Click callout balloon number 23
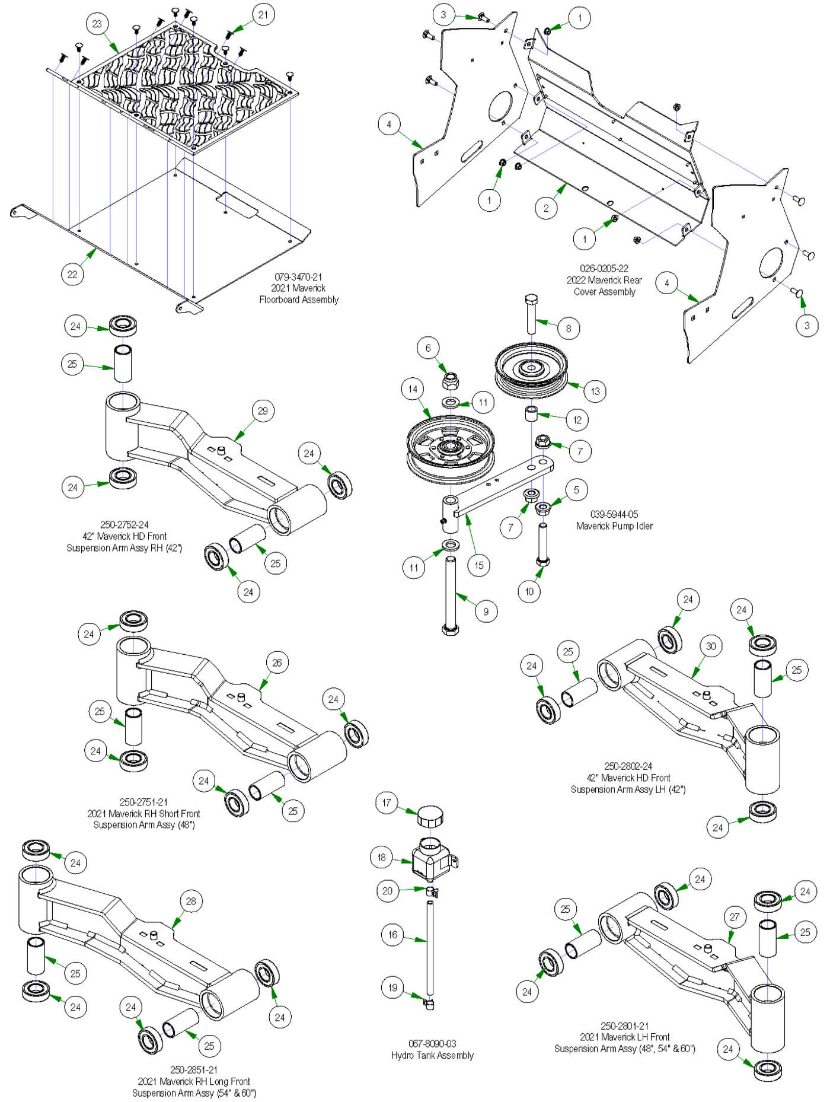(x=97, y=24)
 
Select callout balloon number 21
(x=263, y=14)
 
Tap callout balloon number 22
(x=72, y=275)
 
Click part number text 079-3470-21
(x=298, y=277)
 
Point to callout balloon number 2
(x=546, y=208)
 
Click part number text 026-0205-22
(x=604, y=269)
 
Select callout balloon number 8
(x=569, y=329)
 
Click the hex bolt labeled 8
(x=531, y=314)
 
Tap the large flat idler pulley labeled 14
(x=449, y=445)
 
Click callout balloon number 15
(x=479, y=565)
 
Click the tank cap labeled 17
(x=430, y=816)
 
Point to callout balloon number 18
(x=382, y=857)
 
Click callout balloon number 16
(x=392, y=935)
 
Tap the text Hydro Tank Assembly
(x=432, y=1055)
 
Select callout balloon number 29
(x=263, y=411)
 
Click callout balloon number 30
(x=711, y=646)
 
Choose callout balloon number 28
(x=191, y=902)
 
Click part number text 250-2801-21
(x=624, y=1025)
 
